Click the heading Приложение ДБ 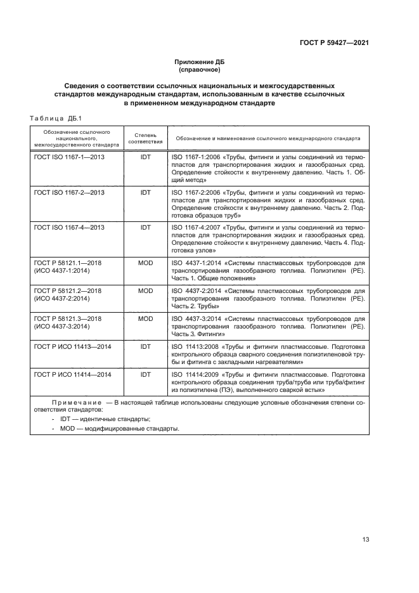pos(200,62)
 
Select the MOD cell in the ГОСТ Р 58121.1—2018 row pos(146,262)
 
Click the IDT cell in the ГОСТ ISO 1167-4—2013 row pos(146,227)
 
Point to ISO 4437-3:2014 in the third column pos(194,318)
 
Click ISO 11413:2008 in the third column pos(191,347)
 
